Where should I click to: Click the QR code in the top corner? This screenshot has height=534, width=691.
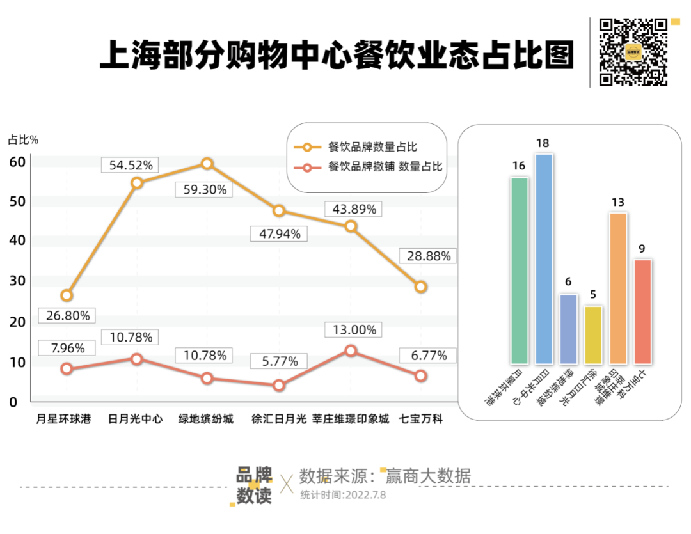coord(633,52)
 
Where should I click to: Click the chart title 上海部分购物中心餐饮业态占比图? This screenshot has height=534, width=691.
coord(337,55)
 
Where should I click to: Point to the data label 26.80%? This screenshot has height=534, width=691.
coord(67,315)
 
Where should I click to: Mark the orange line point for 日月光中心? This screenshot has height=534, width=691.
coord(136,183)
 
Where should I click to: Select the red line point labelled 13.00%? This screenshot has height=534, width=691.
coord(350,350)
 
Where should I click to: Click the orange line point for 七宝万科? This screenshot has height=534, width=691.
coord(420,287)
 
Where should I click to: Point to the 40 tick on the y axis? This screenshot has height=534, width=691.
coord(17,241)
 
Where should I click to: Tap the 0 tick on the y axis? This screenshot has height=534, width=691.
coord(13,402)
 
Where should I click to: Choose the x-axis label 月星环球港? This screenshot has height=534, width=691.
coord(64,420)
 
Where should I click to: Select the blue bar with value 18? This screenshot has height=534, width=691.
coord(543,258)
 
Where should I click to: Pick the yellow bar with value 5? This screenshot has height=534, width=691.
coord(593,334)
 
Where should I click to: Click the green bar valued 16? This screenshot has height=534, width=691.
coord(519,270)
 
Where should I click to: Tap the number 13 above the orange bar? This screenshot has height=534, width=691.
coord(617,203)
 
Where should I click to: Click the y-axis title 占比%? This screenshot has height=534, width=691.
coord(23,139)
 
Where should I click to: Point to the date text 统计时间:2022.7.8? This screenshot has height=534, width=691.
coord(343,494)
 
